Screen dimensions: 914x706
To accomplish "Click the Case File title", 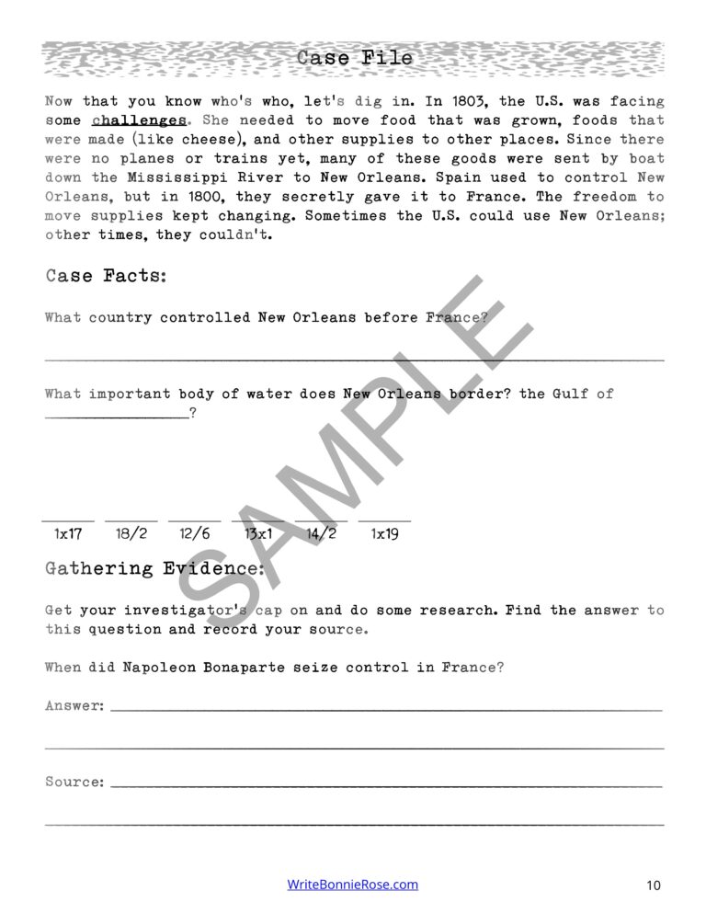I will click(355, 58).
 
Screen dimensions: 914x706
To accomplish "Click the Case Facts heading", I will click(106, 275).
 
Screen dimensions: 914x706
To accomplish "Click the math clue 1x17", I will click(68, 533).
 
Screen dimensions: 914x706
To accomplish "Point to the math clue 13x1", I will click(257, 533).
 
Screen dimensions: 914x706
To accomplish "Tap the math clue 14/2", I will click(321, 533).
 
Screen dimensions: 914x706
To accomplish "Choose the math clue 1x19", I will click(384, 533).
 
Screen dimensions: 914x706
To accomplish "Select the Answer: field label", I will click(74, 706).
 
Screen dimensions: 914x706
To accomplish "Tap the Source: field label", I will click(74, 782).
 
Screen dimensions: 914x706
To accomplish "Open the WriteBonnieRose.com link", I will click(353, 885).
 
